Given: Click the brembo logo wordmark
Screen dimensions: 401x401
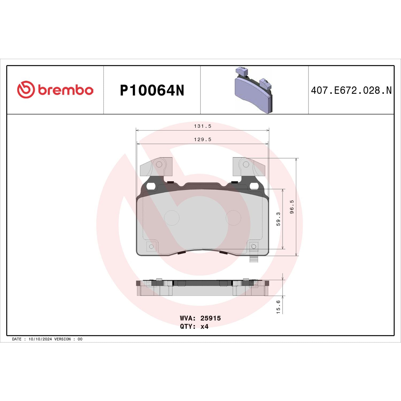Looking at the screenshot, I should point(65,90).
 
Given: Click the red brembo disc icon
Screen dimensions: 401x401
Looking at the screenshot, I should point(26,90).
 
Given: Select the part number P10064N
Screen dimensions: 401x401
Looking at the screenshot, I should point(152,90).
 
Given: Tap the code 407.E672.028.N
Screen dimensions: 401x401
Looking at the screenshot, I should point(351,90).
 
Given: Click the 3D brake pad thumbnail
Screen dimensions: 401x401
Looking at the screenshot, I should point(253,90).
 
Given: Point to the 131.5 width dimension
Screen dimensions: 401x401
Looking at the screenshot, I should point(202,126).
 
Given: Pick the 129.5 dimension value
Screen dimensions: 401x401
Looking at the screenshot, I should point(202,140).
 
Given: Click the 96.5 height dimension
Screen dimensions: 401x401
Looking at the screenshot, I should point(292,207).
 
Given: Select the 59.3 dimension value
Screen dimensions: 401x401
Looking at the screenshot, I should point(278,219).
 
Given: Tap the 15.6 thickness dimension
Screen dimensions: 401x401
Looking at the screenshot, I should point(278,307).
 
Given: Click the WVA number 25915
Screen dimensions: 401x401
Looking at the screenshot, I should point(210,318).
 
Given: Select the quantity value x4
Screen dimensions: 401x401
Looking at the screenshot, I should point(204,326).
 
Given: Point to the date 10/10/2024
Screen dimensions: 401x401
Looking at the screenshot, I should point(40,339).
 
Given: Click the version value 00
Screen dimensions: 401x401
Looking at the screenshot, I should point(80,339).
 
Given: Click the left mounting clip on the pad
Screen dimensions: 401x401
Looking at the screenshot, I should point(156,167).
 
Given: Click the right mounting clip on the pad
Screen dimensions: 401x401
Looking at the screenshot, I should point(248,167).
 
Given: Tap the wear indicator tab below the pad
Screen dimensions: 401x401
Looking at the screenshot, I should point(254,259).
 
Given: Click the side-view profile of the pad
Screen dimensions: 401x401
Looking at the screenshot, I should point(202,288).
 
